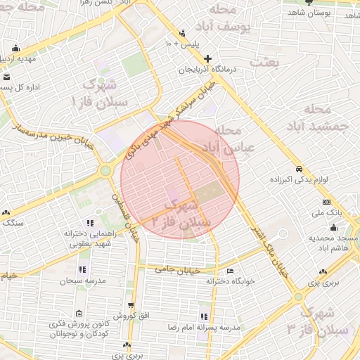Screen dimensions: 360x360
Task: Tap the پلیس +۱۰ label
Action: coord(183,44)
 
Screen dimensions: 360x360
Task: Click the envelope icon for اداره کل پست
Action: coord(6,77)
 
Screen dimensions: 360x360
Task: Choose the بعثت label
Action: coord(267,63)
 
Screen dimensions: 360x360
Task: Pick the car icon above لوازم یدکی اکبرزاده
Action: coord(299,169)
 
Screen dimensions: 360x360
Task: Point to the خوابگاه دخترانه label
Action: coord(209,280)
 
